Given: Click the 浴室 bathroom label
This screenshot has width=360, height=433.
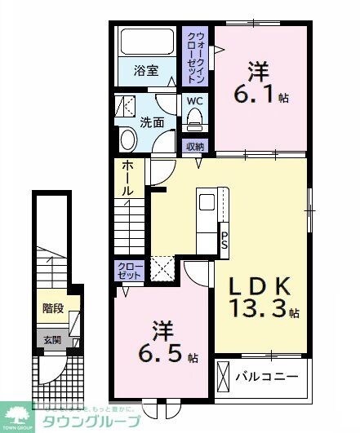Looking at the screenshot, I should pos(144,71).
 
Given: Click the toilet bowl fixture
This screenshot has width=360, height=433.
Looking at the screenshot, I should pos(194,121).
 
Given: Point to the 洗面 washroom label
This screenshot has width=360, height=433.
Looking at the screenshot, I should pos(152,122).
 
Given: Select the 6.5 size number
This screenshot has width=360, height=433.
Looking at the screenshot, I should pos(167,356).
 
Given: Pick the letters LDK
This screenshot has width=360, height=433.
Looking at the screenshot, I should pos(259,287).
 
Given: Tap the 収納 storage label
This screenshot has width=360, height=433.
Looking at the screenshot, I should pos(194,147).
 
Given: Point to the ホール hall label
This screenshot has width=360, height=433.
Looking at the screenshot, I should pos(128,178).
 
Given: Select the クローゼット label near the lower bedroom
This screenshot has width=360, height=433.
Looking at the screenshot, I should pos(130,270).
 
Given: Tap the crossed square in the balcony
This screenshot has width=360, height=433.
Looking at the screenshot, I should pos(224,377).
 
